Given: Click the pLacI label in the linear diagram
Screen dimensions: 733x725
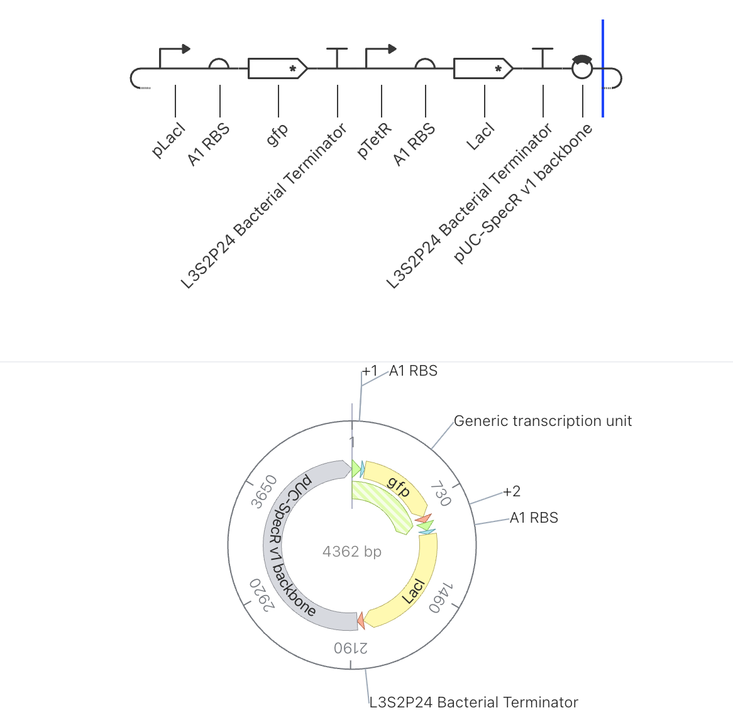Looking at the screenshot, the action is pos(168,140).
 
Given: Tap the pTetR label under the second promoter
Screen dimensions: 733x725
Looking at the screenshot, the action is pos(374,141).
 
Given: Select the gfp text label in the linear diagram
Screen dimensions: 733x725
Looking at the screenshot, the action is pos(277,135).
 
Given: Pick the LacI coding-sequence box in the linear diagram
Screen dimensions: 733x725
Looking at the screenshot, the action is pos(483,68).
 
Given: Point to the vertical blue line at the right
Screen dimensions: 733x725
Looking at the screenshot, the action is pos(603,68).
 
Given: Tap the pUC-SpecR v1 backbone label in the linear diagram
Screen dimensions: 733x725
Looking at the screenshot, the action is pos(523,194).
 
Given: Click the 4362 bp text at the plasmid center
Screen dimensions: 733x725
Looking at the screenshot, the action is pos(352,552).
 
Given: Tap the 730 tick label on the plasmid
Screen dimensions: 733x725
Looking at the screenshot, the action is pos(441,493).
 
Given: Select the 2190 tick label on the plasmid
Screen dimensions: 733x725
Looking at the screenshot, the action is pos(351,648).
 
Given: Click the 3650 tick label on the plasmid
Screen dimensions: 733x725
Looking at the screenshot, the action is pos(263,491).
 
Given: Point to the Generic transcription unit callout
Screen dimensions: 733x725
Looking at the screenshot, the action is pos(543,421).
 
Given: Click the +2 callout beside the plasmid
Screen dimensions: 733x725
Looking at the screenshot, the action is pos(512,491).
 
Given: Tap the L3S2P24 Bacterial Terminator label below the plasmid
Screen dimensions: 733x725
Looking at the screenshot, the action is pos(473,702).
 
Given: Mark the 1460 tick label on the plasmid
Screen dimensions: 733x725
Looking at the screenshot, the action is pos(441,597).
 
